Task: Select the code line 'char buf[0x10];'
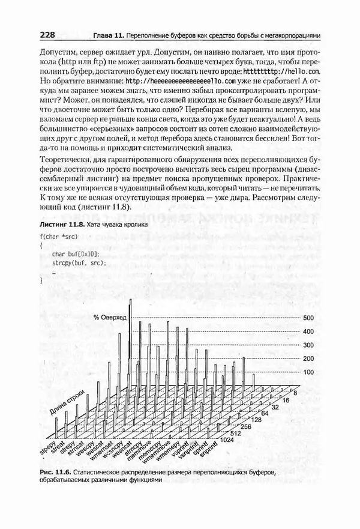pyautogui.click(x=75, y=255)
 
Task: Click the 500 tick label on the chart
pyautogui.click(x=309, y=318)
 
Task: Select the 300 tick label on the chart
pyautogui.click(x=309, y=345)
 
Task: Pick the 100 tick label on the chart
pyautogui.click(x=309, y=373)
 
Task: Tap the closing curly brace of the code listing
pyautogui.click(x=41, y=280)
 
